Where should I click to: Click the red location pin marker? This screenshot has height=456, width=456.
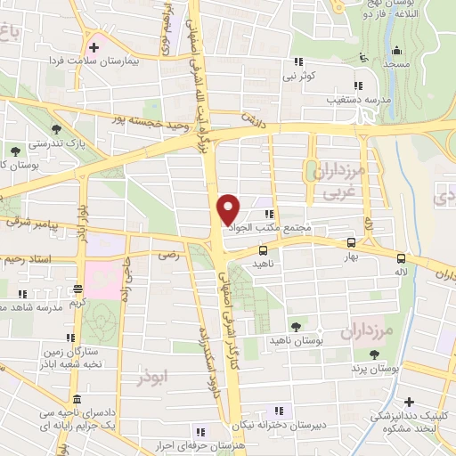coord(229,209)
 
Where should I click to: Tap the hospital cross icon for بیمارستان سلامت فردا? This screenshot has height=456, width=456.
coord(94,45)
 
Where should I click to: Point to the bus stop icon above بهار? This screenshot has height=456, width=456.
coord(351,241)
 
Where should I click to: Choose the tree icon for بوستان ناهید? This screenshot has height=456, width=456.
coord(296,327)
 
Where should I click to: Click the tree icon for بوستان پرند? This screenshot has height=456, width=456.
coord(386,354)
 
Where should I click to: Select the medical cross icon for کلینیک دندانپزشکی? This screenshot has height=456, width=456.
coord(409,403)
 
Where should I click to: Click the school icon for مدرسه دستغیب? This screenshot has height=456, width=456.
coord(356,86)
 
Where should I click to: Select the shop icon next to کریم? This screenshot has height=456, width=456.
coord(77,289)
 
